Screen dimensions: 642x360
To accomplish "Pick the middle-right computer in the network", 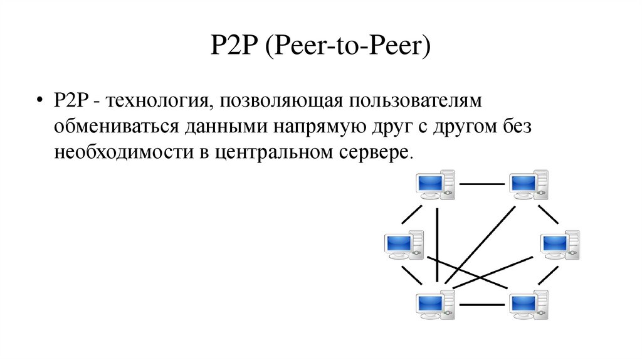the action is pos(559,245).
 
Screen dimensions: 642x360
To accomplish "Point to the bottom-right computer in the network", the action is pos(527,304).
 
